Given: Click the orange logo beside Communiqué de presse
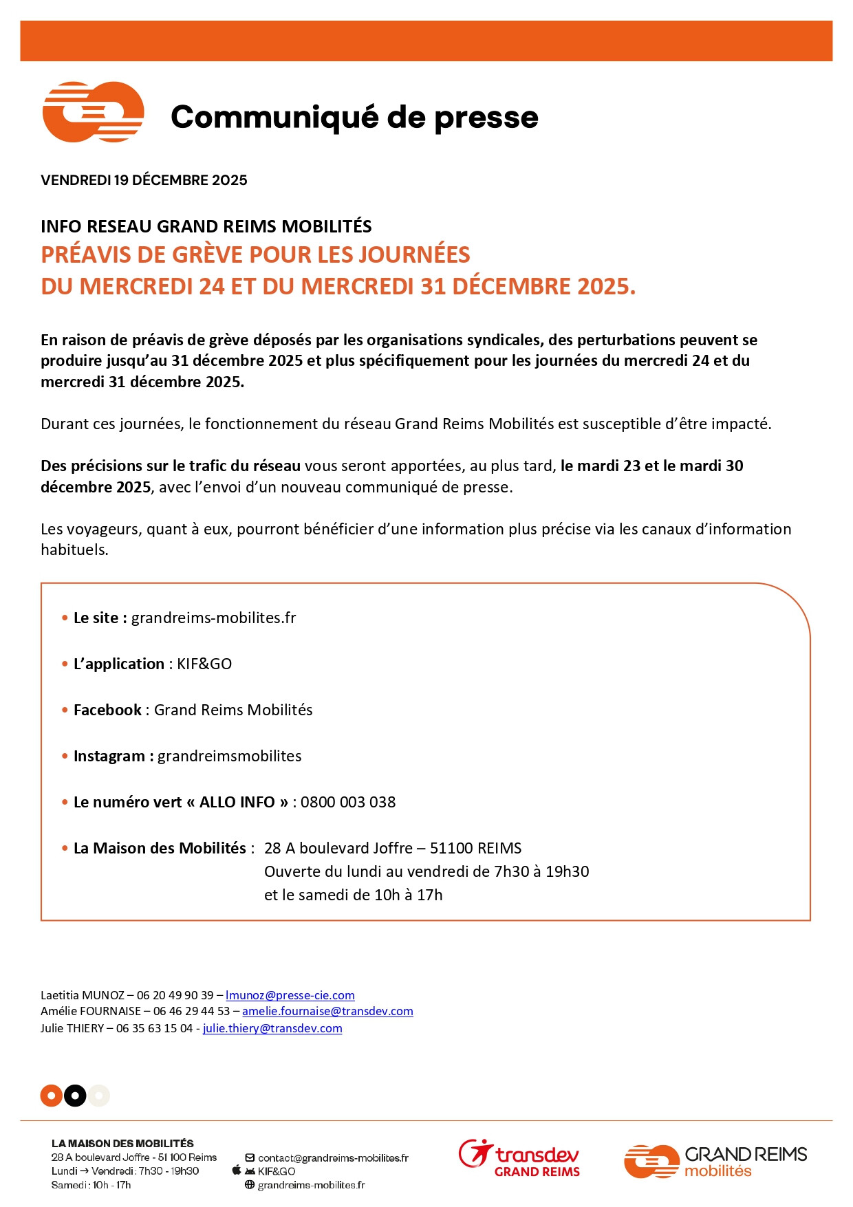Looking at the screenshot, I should (x=94, y=112).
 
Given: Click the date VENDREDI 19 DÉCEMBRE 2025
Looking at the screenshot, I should (x=144, y=180).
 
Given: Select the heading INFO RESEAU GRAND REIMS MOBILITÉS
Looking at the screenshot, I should (x=206, y=226).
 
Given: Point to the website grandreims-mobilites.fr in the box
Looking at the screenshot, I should (x=213, y=618).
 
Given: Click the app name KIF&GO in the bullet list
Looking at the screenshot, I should (x=204, y=664).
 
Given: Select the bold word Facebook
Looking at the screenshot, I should (x=107, y=710).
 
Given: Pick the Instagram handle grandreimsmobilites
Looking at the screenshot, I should (x=229, y=756).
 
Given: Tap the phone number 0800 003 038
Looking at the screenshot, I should (x=348, y=802).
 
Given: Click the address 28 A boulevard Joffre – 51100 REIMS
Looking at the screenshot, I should (x=393, y=848).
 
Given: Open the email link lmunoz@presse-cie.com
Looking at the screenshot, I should (x=290, y=995).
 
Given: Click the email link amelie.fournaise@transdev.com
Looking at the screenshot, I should (x=327, y=1011).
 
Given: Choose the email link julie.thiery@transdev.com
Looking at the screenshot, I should (x=272, y=1028).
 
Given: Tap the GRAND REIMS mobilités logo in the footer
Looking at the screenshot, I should (x=715, y=1161).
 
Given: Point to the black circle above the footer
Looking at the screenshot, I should (x=75, y=1096).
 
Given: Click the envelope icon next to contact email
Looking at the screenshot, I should (x=250, y=1158).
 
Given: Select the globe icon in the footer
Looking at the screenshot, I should (x=250, y=1185).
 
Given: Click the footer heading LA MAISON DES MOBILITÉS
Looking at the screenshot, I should (x=122, y=1144).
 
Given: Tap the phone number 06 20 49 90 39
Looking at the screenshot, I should (x=175, y=995).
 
